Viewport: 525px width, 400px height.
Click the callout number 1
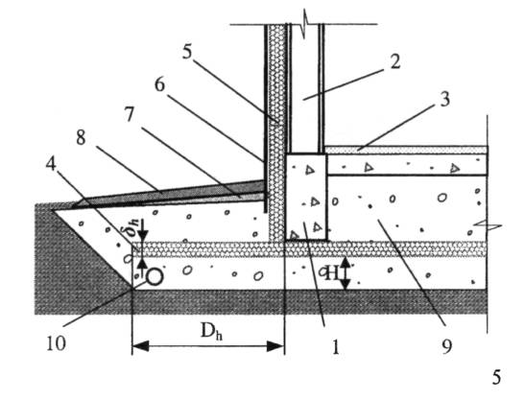(336, 347)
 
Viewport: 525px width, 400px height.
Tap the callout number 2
(395, 61)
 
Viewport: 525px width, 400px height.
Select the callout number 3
(444, 100)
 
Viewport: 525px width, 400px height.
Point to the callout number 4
(51, 164)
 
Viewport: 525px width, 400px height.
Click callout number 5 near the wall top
(187, 52)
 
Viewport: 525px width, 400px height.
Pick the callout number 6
(159, 84)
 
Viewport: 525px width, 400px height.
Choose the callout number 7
(130, 114)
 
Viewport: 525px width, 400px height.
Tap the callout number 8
(81, 137)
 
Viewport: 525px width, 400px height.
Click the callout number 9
(446, 346)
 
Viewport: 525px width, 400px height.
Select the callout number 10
(56, 343)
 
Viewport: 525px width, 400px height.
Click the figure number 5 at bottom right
(496, 377)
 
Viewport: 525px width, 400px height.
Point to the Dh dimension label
(211, 331)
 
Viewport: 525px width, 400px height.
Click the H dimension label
(332, 273)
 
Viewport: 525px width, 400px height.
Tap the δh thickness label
(131, 229)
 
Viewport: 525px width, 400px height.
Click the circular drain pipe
(155, 277)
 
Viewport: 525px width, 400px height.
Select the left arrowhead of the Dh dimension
(140, 346)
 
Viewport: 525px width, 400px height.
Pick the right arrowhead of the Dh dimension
(275, 346)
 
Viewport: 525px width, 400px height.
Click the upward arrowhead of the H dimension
(346, 262)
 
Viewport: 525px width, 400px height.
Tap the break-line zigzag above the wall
(304, 24)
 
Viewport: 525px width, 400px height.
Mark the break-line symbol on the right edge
(488, 226)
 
